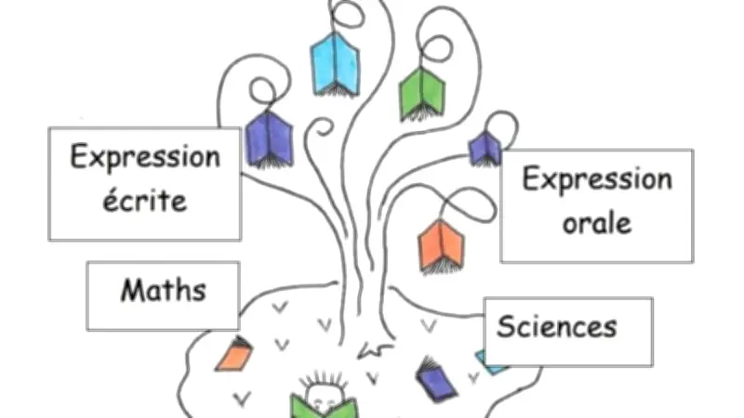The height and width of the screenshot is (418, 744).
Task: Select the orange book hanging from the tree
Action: [x=441, y=245]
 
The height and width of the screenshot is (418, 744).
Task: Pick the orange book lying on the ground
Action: [x=234, y=354]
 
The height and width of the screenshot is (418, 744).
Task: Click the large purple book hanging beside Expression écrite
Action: [x=269, y=139]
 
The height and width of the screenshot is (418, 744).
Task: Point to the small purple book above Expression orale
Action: [x=485, y=148]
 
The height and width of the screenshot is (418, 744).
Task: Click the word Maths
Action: [x=163, y=291]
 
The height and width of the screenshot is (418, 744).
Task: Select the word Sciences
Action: [x=556, y=326]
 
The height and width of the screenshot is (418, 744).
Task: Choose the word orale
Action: [x=596, y=223]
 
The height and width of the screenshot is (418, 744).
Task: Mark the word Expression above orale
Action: [x=596, y=178]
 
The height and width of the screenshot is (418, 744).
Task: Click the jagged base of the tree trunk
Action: [x=375, y=351]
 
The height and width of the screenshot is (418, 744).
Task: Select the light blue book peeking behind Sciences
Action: [x=485, y=359]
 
